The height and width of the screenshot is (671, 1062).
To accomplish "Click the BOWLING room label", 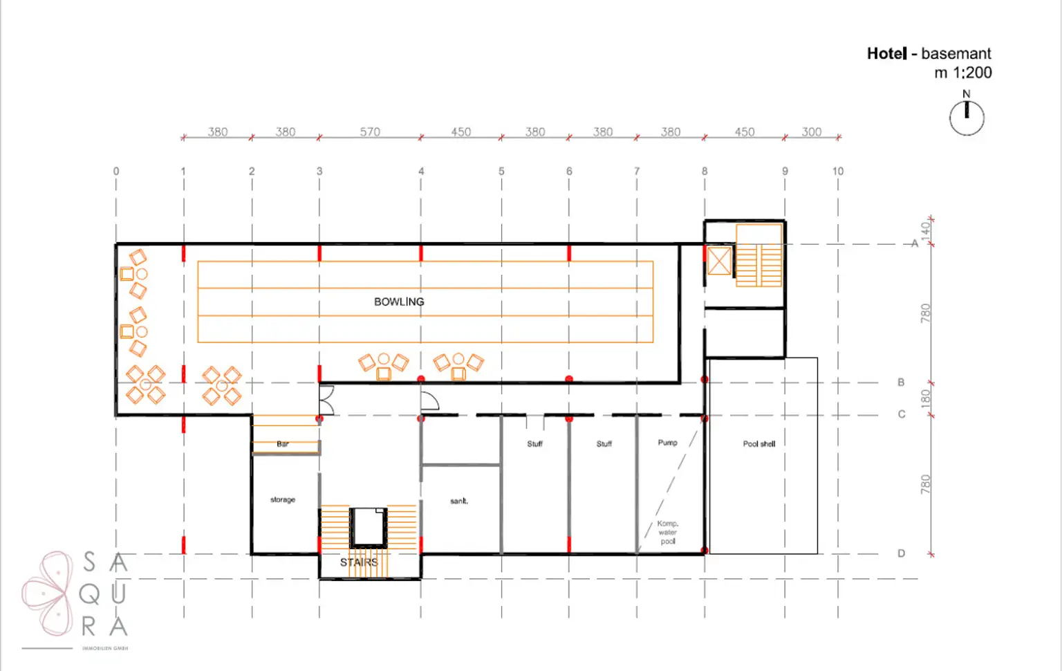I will coord(399,302).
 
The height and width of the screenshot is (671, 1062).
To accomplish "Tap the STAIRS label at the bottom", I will coord(359,562).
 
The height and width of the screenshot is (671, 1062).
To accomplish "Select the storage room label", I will coord(283,499).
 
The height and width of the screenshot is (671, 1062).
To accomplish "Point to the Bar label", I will coord(283,444).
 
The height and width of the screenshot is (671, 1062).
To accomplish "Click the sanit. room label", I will coord(459,501).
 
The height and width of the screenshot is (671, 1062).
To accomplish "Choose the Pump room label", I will coord(667,443).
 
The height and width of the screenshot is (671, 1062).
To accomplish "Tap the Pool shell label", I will coord(759,444).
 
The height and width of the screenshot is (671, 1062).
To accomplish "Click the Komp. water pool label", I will coord(668,533).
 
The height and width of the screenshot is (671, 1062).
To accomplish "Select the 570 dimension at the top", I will coord(370,131).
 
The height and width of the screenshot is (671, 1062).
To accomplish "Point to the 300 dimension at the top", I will coord(812,131).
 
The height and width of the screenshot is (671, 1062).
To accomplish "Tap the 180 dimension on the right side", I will coord(926,398).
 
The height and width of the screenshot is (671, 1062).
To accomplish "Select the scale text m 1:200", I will coord(962,73).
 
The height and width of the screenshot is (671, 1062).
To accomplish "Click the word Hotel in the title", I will coord(887,53).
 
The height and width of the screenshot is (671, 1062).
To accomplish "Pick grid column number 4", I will coord(421,171).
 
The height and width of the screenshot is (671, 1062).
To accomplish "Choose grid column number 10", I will coord(838,171).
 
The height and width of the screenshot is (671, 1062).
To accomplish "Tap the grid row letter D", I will coord(901,553).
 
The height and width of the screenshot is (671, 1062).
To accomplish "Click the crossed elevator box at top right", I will coord(719,261).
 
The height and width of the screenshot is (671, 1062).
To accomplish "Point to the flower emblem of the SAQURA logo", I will coord(47,593).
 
